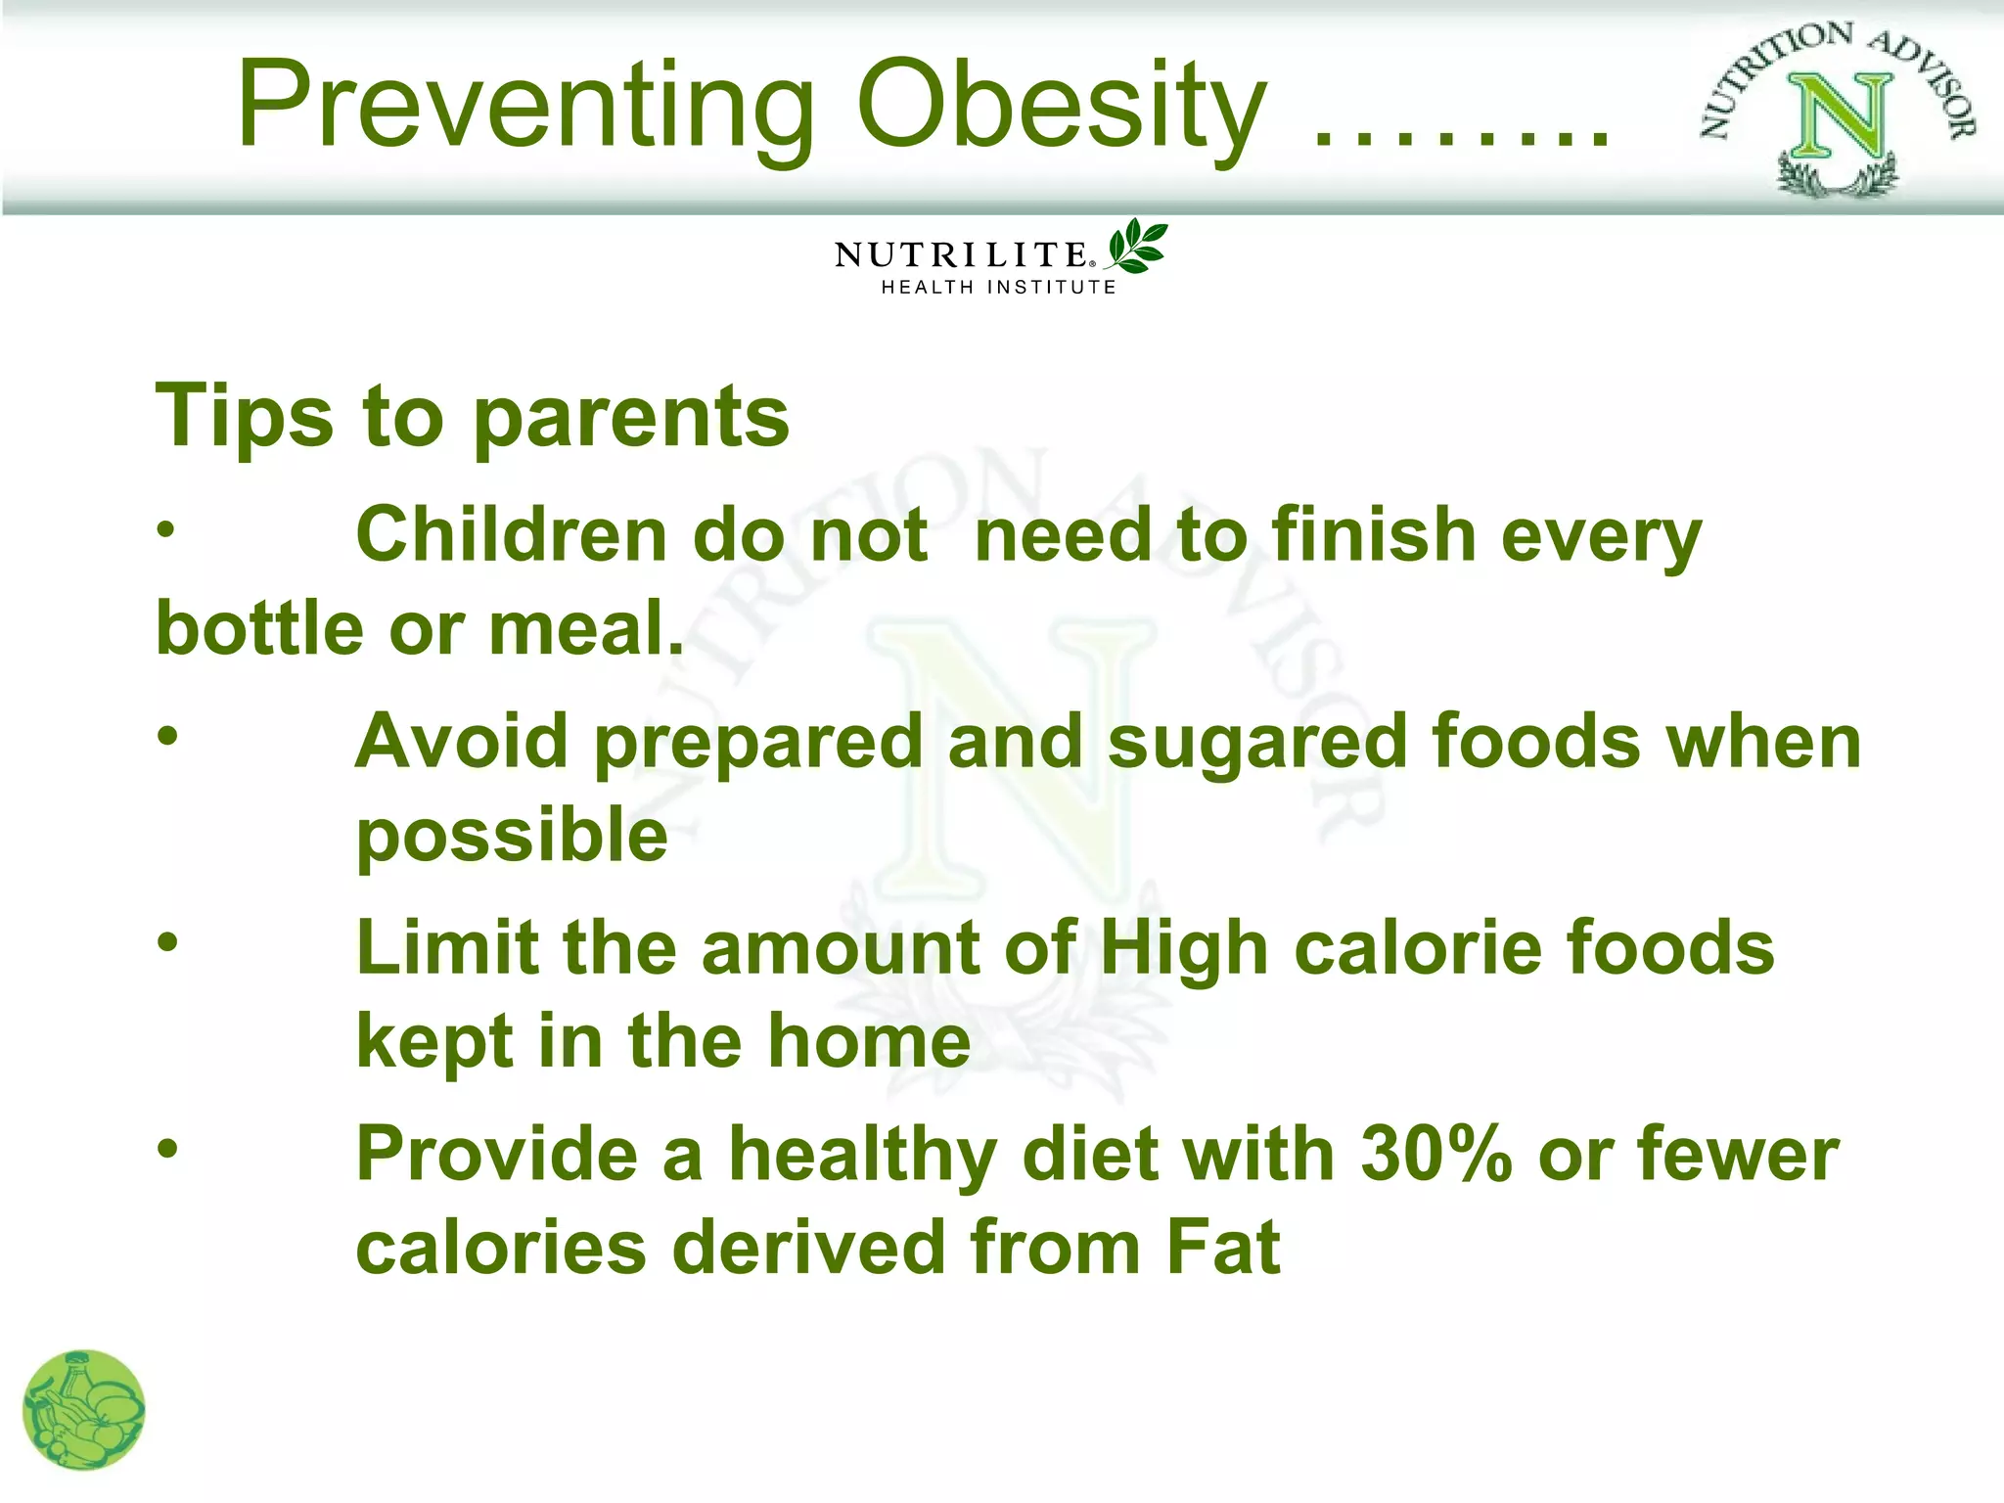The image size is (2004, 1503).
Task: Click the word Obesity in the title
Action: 1062,106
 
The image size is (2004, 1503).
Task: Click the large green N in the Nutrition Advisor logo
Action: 1839,117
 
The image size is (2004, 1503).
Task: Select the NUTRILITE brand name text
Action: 962,255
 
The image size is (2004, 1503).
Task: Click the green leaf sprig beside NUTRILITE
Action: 1136,246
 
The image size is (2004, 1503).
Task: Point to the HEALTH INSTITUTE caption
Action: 998,288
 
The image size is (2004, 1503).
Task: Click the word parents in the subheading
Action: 631,418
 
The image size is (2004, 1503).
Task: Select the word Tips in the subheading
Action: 245,418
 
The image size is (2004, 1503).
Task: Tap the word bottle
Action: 260,628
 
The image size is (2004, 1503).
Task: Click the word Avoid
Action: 461,741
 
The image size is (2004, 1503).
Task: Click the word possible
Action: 512,837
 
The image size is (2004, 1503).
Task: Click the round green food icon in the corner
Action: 84,1410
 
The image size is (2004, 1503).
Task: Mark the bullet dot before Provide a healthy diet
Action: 168,1148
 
